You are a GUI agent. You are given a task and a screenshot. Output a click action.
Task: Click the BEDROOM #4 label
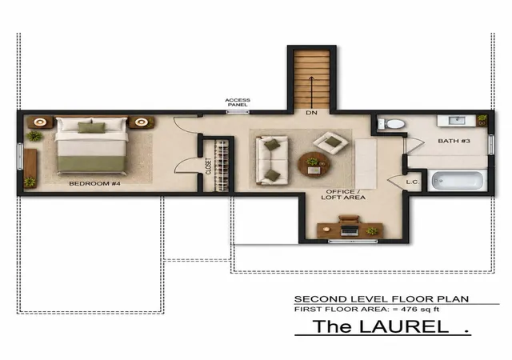[x=94, y=183]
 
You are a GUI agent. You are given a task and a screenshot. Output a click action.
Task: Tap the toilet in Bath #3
[x=391, y=124]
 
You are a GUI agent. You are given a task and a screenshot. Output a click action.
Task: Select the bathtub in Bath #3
[x=457, y=181]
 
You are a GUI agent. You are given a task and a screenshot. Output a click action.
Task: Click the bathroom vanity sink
[x=457, y=121]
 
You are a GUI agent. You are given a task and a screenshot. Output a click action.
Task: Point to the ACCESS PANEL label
[x=238, y=102]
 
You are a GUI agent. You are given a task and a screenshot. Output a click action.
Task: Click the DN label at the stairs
[x=311, y=113]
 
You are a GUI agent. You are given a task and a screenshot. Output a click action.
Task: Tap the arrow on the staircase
[x=311, y=93]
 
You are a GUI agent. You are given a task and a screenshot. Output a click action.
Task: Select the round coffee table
[x=314, y=164]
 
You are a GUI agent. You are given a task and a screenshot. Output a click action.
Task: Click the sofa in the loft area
[x=272, y=160]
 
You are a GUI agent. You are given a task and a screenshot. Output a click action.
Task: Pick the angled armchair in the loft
[x=330, y=142]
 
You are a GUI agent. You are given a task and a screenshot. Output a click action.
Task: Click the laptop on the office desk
[x=350, y=230]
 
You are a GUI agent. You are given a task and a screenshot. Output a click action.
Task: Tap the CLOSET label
[x=209, y=166]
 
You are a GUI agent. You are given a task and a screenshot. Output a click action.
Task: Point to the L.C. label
[x=413, y=182]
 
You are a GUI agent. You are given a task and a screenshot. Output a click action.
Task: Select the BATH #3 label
[x=454, y=141]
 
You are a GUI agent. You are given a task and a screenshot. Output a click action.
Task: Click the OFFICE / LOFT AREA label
[x=343, y=194]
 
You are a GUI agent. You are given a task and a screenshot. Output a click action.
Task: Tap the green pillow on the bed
[x=92, y=127]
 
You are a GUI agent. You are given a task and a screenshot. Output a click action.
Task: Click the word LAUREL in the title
[x=404, y=326]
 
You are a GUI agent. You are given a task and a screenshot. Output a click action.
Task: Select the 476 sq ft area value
[x=420, y=309]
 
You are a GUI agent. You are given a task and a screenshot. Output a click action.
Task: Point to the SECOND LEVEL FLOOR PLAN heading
[x=382, y=299]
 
